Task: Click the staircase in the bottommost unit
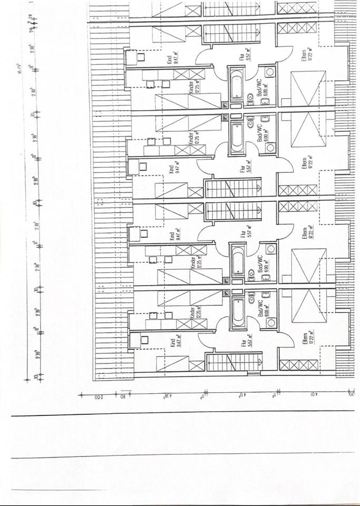(x=233, y=363)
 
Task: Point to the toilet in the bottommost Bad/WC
(x=251, y=301)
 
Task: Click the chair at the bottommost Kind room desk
(x=143, y=338)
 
